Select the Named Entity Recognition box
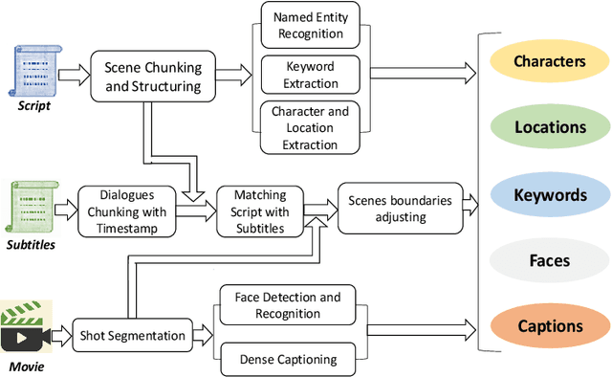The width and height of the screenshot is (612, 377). (x=312, y=26)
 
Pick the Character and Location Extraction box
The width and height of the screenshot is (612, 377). (x=312, y=128)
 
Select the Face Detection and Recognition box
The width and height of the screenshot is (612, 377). (x=287, y=305)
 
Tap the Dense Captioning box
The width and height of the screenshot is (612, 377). (x=287, y=359)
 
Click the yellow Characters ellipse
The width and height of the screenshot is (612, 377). (x=549, y=61)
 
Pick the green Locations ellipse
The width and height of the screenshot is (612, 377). (x=549, y=127)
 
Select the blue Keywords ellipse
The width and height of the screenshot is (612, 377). (x=549, y=194)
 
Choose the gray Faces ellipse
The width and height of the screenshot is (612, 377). (x=549, y=259)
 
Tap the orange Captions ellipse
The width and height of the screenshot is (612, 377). (x=549, y=325)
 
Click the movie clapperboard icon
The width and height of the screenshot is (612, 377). (x=26, y=327)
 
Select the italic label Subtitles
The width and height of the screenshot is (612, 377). (x=31, y=245)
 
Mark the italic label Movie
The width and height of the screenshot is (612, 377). (x=27, y=366)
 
